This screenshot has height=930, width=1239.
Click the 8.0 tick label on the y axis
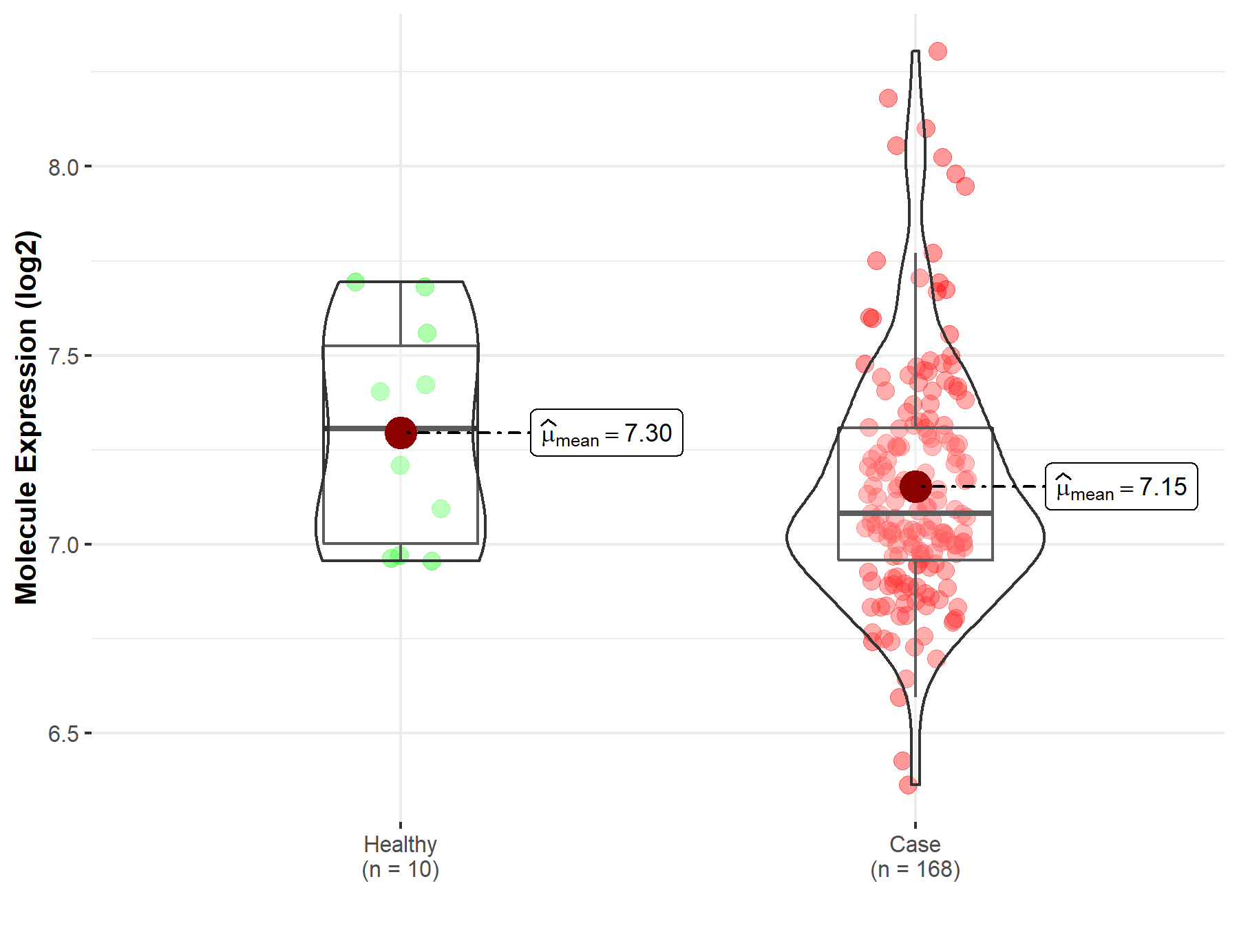tap(63, 167)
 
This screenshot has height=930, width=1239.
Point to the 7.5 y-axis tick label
tap(63, 356)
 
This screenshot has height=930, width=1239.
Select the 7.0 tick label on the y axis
tap(63, 545)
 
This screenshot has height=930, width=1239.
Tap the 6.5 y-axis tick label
tap(63, 734)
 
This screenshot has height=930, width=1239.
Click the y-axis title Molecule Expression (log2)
tap(26, 417)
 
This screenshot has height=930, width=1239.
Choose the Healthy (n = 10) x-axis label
tap(401, 856)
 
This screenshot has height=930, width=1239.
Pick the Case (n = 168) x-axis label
tap(915, 856)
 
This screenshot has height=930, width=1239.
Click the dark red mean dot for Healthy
tap(401, 433)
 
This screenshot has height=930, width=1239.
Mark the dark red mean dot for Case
tap(915, 487)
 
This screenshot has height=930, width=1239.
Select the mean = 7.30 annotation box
tap(606, 433)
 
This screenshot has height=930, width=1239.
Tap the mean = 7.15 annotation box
tap(1121, 487)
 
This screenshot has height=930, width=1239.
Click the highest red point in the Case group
tap(938, 51)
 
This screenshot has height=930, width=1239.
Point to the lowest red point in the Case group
tap(908, 785)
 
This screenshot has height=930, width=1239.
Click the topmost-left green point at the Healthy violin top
tap(355, 282)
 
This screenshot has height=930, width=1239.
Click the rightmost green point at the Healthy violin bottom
tap(432, 561)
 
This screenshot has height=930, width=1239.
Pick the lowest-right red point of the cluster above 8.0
tap(965, 186)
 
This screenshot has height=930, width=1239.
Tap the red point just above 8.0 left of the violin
tap(896, 145)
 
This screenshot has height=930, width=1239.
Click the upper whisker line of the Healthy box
tap(401, 313)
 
